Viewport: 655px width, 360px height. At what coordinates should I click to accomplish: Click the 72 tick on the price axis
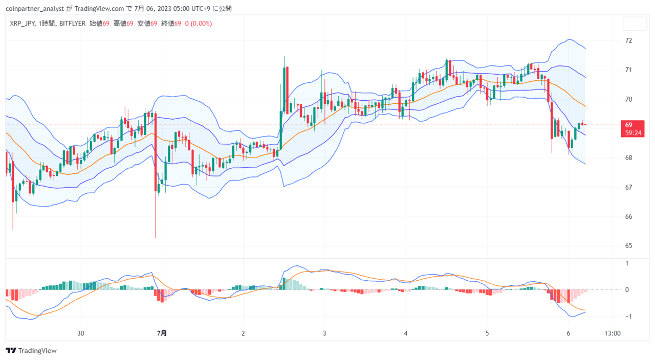point(628,40)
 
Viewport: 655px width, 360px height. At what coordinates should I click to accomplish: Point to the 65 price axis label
point(628,246)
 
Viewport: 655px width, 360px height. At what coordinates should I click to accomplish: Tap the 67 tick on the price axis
point(628,187)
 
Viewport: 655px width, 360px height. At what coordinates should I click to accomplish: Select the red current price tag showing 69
point(632,128)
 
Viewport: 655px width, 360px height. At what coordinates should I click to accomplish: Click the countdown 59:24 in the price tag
point(633,133)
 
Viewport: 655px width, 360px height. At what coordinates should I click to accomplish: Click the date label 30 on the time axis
point(80,333)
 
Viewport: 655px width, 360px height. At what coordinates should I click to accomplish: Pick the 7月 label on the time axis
point(162,333)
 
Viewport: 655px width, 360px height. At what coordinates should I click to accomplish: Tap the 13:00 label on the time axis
point(613,333)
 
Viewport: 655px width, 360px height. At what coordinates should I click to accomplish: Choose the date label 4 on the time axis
point(406,333)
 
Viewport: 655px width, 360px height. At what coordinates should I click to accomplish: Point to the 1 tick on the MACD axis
point(627,263)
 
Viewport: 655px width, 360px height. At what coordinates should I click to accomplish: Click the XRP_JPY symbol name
point(22,24)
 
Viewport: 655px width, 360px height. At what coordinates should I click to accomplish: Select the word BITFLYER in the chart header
point(73,24)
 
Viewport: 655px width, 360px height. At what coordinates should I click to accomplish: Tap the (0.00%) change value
point(201,24)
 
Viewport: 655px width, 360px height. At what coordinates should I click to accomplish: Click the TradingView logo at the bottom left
point(31,350)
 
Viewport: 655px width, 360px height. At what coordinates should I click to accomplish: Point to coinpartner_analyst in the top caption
point(35,9)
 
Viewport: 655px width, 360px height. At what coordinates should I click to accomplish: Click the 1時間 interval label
point(46,24)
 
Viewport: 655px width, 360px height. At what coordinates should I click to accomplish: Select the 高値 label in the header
point(120,24)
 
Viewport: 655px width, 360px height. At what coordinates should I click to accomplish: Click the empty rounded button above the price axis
point(635,24)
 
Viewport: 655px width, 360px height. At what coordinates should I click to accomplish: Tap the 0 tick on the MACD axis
point(627,290)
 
